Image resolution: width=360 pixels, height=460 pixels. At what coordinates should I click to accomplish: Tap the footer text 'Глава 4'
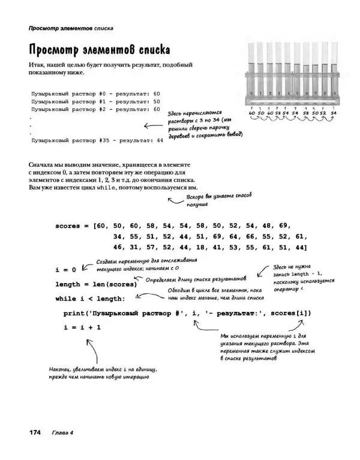coord(62,432)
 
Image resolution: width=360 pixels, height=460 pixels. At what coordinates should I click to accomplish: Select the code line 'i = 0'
coord(65,270)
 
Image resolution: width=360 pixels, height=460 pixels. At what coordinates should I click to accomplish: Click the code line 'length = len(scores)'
coord(96,284)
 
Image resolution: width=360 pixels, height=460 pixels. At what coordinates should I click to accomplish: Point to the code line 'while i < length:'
coord(90,299)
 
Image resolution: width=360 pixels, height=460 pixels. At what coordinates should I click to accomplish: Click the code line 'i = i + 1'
coord(82,327)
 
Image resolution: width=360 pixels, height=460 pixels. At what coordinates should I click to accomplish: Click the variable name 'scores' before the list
coord(68,226)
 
